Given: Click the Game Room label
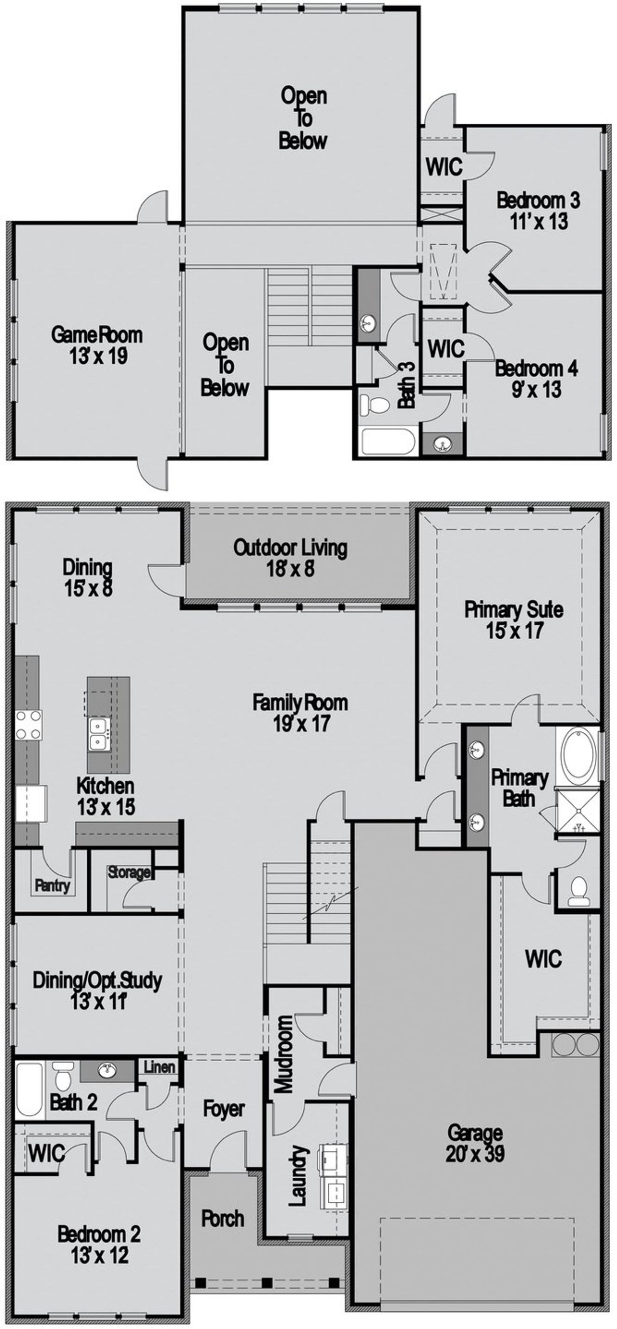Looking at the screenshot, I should [96, 335].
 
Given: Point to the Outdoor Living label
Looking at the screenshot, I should [290, 548].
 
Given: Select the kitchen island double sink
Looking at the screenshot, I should [98, 735].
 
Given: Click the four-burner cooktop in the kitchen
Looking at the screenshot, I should [28, 724].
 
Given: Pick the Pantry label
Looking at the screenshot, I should [52, 886].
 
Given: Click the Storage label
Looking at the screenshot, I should [129, 872].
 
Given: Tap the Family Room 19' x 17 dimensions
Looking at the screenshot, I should [301, 724].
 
